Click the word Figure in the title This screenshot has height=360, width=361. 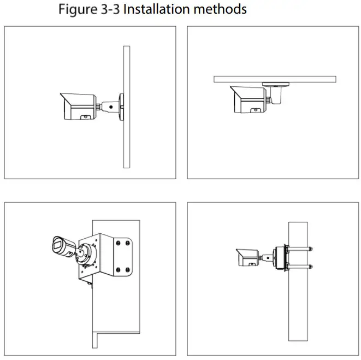pos(76,9)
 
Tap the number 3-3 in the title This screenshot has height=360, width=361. pos(109,9)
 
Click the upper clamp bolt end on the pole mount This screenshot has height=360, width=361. pos(311,249)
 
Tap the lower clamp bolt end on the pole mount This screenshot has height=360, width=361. pos(311,267)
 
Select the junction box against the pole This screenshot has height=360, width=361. pos(281,258)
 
